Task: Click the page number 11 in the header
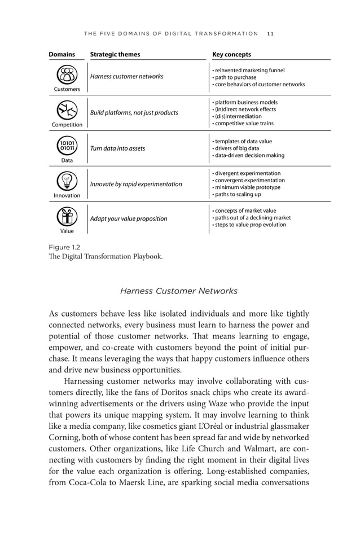tap(270, 34)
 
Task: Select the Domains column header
tap(62, 55)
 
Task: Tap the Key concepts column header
tap(231, 55)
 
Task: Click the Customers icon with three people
tap(67, 74)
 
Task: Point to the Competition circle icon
tap(67, 110)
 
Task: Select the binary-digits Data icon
tap(67, 146)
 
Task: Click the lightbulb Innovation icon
tap(67, 181)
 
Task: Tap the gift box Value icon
tap(67, 217)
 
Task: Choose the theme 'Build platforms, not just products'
tap(134, 113)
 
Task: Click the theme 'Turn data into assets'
tap(117, 148)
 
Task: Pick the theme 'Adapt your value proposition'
tap(129, 218)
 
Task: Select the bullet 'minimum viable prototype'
tap(246, 187)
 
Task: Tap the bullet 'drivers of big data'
tap(236, 148)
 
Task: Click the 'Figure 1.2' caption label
tap(64, 247)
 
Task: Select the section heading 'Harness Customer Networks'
tap(179, 291)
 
